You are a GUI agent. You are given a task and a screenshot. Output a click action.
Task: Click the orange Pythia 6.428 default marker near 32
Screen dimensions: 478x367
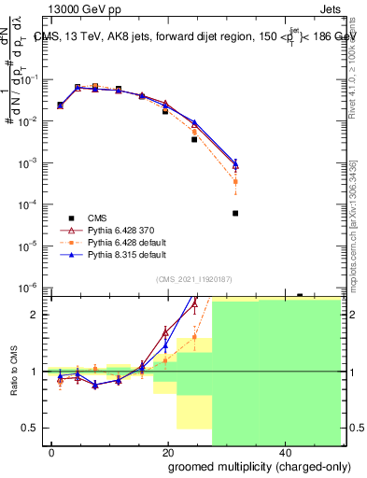[235, 181]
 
